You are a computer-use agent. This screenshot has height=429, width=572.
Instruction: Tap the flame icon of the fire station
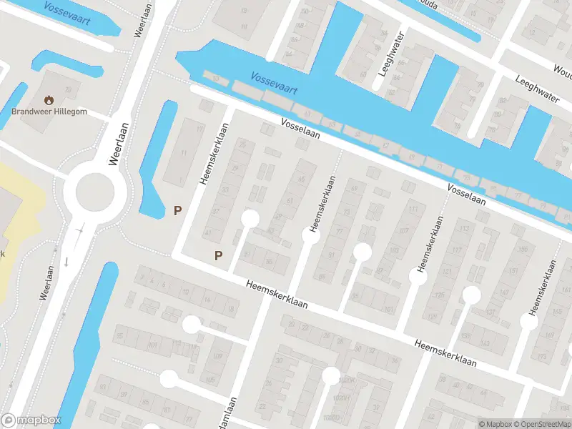pos(49,99)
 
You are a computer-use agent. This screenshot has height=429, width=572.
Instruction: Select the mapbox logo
pos(31,420)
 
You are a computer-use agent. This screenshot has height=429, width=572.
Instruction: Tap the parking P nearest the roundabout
pos(177,210)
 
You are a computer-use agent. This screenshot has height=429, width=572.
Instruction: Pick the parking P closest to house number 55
pos(219,255)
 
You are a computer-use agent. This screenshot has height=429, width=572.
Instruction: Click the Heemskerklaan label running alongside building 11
pos(214,154)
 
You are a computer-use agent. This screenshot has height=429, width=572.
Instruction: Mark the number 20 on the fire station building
pos(69,89)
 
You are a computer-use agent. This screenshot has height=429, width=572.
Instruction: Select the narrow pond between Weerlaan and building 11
pos(159,157)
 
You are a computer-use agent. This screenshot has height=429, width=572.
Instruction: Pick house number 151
pos(511,271)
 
